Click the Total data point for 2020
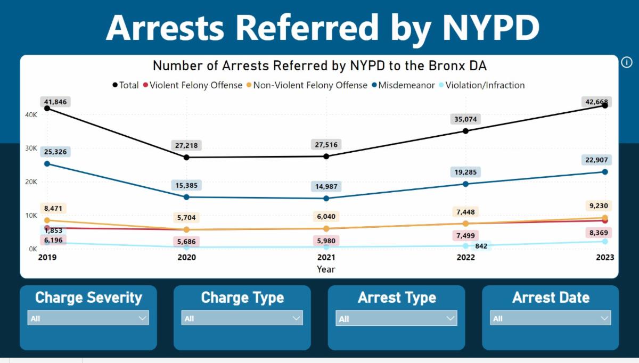[x=186, y=157]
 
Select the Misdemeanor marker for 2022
[x=465, y=184]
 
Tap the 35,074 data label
[x=465, y=119]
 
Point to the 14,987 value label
[x=326, y=186]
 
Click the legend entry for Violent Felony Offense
[x=193, y=85]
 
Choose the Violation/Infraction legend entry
[x=482, y=85]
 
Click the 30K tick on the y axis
[x=31, y=148]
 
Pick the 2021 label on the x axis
[x=326, y=258]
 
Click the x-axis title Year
[x=326, y=269]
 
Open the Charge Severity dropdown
[x=88, y=318]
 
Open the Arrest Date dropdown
[x=550, y=318]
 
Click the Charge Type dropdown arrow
[x=296, y=318]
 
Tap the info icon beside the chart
[x=626, y=62]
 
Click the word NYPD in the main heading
[x=490, y=28]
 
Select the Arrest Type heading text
[x=397, y=298]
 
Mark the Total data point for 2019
[x=47, y=109]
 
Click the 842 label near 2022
[x=481, y=246]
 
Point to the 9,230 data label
[x=599, y=205]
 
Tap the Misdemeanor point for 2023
[x=605, y=172]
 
